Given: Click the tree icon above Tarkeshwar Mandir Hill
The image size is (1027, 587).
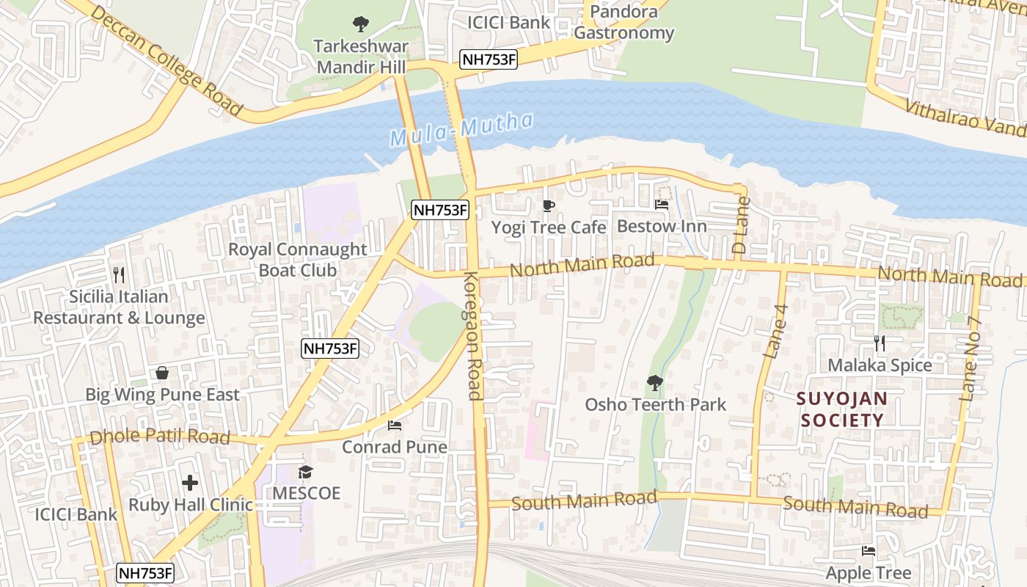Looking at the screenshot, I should tap(360, 24).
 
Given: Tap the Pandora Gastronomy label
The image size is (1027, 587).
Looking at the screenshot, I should tap(624, 23).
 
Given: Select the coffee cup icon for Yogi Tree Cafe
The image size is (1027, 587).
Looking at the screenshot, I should tap(549, 205).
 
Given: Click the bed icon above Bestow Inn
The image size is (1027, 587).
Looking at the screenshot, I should tap(662, 205).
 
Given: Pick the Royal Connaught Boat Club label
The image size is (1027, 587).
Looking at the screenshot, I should tap(298, 260).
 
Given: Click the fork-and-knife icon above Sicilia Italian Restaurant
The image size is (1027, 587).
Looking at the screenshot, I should tap(119, 275).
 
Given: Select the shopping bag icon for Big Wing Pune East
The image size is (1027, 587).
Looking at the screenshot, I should tap(162, 373).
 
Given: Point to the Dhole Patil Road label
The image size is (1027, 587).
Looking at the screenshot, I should tap(159, 437).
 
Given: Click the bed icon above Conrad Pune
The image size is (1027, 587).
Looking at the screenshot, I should tap(395, 426).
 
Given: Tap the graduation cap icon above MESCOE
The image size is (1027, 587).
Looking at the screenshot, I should tap(306, 472).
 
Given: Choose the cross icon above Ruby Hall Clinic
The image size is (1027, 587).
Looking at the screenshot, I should tap(190, 483).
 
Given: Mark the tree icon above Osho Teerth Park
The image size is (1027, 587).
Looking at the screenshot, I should tap(655, 383).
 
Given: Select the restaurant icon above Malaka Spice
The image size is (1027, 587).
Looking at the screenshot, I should tap(880, 343).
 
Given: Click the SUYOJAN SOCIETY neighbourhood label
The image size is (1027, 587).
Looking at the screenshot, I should tap(842, 409).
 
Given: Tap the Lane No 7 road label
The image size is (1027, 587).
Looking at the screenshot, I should tap(971, 360).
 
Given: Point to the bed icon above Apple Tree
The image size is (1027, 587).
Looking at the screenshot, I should tap(869, 551).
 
